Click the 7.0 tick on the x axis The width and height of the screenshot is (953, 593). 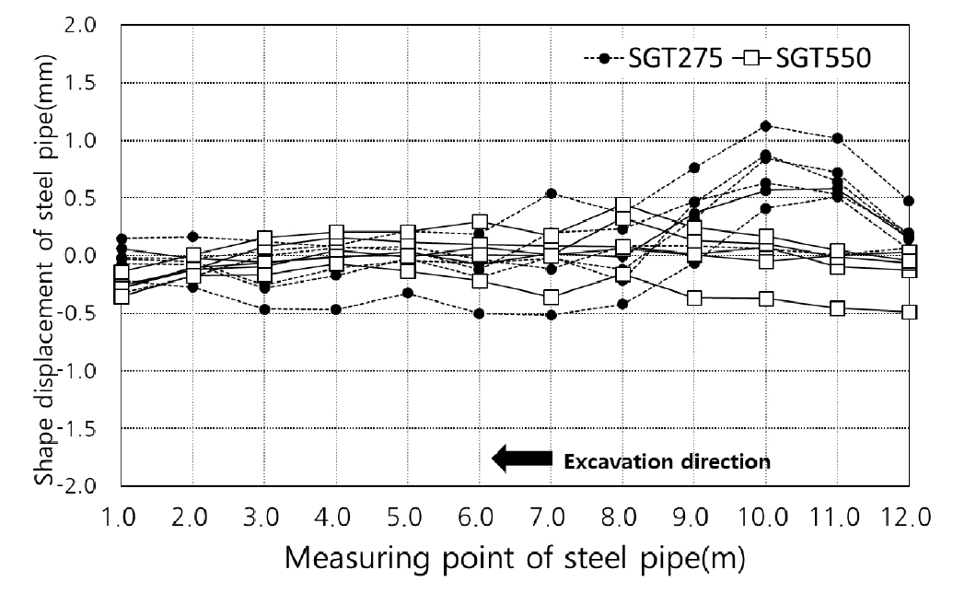pyautogui.click(x=551, y=517)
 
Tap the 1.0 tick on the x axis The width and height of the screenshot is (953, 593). pyautogui.click(x=121, y=517)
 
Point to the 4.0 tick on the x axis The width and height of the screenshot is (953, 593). pyautogui.click(x=335, y=517)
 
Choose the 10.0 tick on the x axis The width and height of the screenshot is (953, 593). pyautogui.click(x=765, y=517)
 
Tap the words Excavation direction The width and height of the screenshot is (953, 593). pyautogui.click(x=667, y=460)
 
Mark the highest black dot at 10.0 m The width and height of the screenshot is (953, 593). pyautogui.click(x=765, y=126)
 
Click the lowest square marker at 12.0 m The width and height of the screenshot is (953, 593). pyautogui.click(x=909, y=312)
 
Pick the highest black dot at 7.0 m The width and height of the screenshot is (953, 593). pyautogui.click(x=551, y=193)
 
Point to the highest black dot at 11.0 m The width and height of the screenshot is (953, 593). pyautogui.click(x=837, y=138)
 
